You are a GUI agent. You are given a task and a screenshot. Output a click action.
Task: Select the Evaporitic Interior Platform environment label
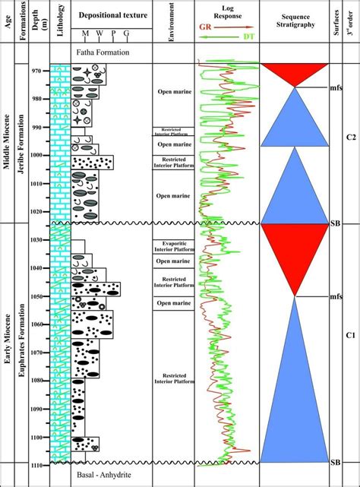(174, 245)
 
